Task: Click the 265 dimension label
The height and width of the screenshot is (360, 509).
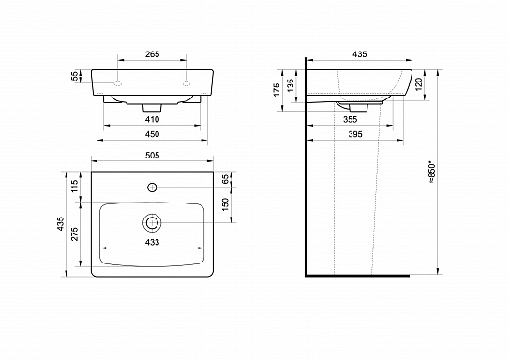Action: pos(152,54)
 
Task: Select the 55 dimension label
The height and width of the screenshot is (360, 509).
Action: pos(75,76)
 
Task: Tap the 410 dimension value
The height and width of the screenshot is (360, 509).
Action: pos(152,119)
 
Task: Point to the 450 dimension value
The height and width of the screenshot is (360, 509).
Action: pos(152,134)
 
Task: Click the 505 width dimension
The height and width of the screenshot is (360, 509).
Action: pos(152,156)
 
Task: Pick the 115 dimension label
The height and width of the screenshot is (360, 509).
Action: pos(74,187)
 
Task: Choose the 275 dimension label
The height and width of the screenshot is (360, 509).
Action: pos(74,233)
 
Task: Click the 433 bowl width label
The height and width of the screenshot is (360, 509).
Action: pos(152,242)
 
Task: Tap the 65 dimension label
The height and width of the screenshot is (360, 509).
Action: pos(225,179)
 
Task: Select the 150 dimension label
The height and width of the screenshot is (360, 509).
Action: pos(225,204)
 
